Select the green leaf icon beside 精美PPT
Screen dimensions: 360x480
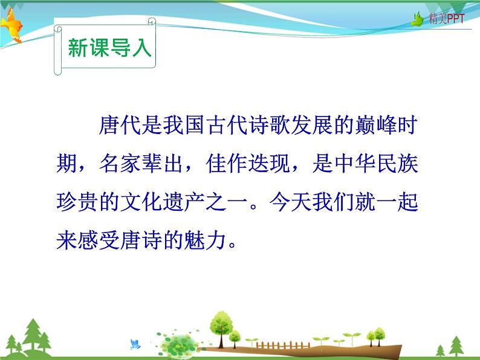[x=418, y=19]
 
